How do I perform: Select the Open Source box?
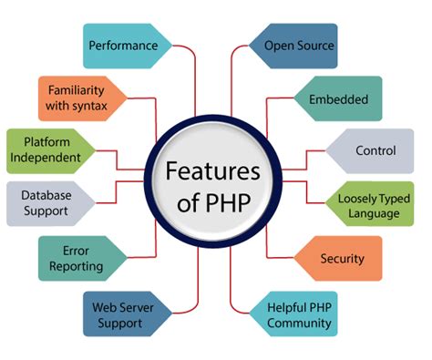pyautogui.click(x=298, y=44)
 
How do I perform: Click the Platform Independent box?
pyautogui.click(x=50, y=150)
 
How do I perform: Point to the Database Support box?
pyautogui.click(x=51, y=201)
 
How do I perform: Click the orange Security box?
pyautogui.click(x=342, y=259)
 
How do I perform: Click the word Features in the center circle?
pyautogui.click(x=211, y=171)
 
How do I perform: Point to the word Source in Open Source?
pyautogui.click(x=314, y=44)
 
